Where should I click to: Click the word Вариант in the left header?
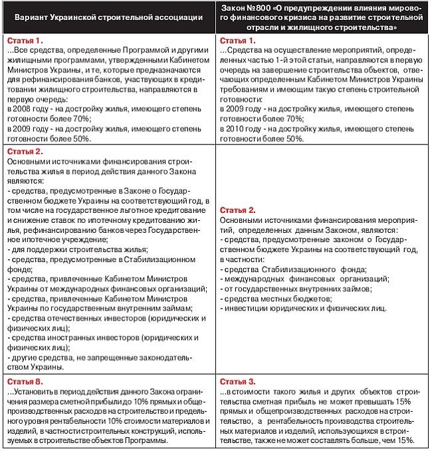(x=41, y=17)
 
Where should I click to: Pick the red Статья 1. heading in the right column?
(x=237, y=41)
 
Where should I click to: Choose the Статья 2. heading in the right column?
(x=237, y=210)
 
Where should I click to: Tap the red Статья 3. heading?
(x=237, y=381)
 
